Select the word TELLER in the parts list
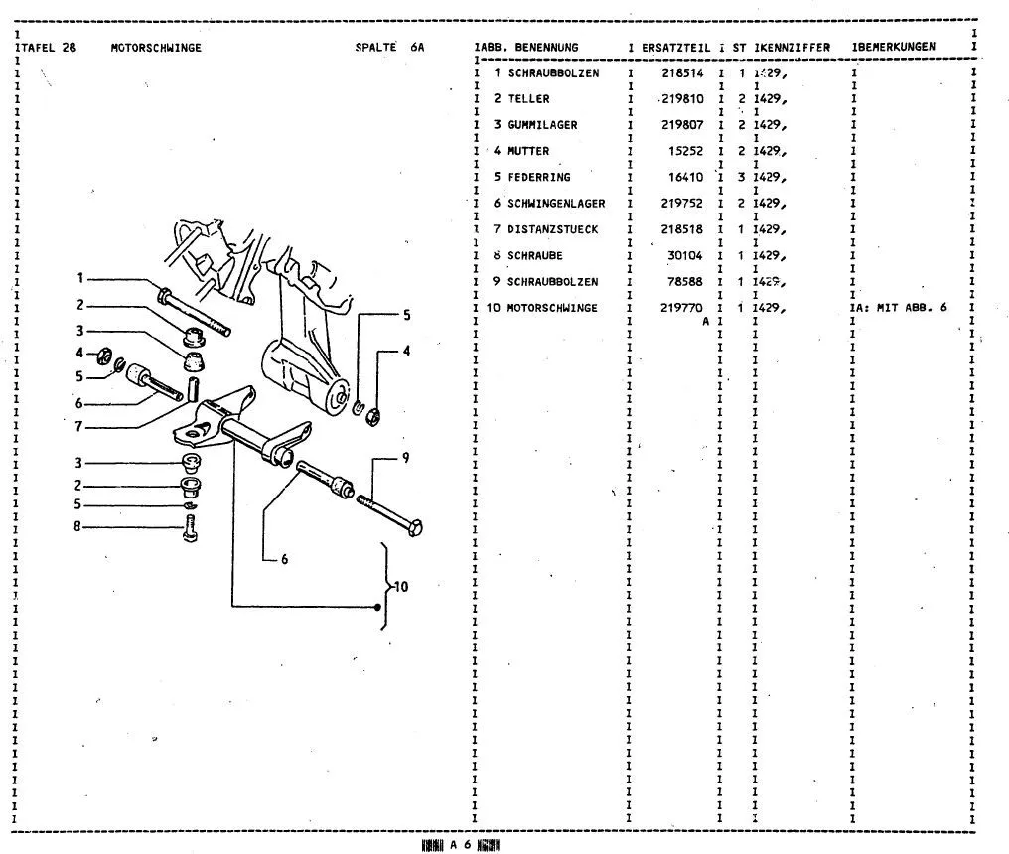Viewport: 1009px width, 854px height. point(528,99)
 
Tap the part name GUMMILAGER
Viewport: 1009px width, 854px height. point(542,125)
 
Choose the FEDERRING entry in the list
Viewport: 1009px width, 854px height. point(538,178)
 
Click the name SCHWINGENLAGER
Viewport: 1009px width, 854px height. point(556,204)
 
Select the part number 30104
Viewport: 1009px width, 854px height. point(684,255)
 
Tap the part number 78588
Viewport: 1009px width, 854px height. point(684,282)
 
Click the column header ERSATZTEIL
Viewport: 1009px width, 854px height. point(676,48)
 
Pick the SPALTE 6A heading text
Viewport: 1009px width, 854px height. point(389,48)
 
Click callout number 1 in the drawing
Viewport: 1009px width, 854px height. point(82,279)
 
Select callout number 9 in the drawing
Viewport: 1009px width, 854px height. point(405,458)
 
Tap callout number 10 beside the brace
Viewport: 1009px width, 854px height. point(401,587)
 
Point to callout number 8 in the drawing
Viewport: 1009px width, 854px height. point(75,526)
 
